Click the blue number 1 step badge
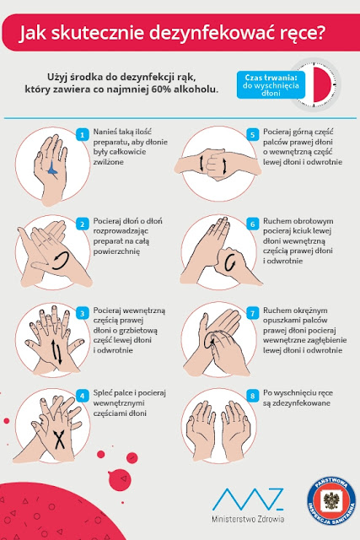83,135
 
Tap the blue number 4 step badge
83,396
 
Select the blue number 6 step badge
252,224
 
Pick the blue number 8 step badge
252,396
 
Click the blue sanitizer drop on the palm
52,168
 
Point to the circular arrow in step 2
61,260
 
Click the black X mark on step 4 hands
60,440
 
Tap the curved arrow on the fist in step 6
229,263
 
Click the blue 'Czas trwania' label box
271,84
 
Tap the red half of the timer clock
323,84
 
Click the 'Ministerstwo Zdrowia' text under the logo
248,519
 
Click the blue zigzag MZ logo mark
248,499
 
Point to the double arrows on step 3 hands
56,351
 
